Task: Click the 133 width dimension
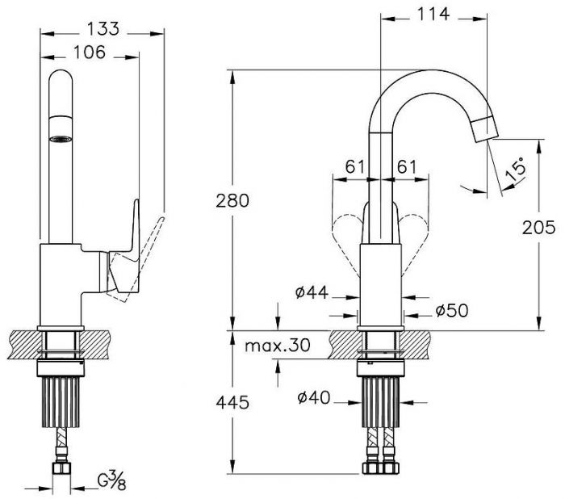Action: click(103, 28)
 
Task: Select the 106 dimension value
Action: click(90, 52)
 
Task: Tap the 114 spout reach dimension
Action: click(433, 14)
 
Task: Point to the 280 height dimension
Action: click(232, 200)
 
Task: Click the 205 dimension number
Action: click(538, 228)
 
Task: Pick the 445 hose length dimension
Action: click(232, 402)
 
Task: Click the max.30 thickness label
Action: click(277, 346)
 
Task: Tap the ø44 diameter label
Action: click(312, 292)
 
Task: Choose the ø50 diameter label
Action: click(452, 310)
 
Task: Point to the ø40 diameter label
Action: click(313, 398)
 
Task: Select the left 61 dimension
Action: click(355, 167)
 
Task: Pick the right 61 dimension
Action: click(407, 167)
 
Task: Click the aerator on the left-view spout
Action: click(61, 138)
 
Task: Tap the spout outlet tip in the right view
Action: click(484, 129)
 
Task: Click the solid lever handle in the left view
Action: click(125, 245)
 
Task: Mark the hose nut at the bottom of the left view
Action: click(62, 468)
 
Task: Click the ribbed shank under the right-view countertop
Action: click(381, 401)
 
